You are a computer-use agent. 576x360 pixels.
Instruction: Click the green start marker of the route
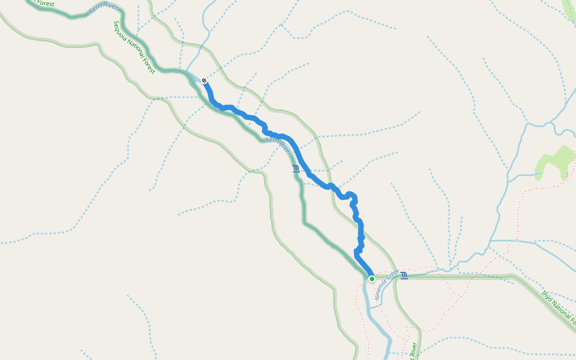[x=372, y=279]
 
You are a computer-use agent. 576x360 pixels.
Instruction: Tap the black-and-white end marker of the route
[x=205, y=80]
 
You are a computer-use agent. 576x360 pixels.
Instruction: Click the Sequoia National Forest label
[x=134, y=47]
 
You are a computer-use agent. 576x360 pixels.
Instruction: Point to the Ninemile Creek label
[x=387, y=284]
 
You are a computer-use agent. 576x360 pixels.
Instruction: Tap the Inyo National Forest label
[x=558, y=307]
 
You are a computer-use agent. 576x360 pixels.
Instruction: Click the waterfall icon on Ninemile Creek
[x=404, y=275]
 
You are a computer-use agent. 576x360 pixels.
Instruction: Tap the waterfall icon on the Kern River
[x=296, y=169]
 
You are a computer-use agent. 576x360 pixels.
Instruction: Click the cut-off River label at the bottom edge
[x=413, y=352]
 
